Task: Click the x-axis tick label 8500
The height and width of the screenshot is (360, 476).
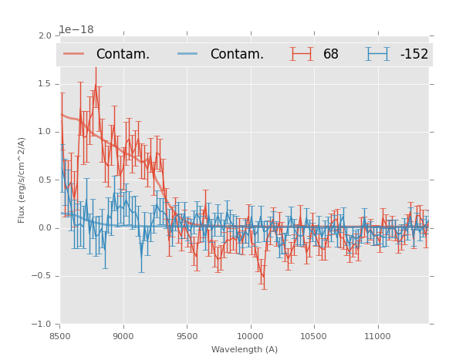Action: tap(60, 335)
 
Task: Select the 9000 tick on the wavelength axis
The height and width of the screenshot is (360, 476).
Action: tap(123, 335)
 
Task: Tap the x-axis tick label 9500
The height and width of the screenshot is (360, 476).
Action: tap(187, 335)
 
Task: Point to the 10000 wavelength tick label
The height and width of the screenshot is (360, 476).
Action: tap(250, 335)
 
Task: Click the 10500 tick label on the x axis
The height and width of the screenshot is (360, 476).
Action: tap(313, 335)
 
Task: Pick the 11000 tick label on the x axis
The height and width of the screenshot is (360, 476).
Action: tap(377, 335)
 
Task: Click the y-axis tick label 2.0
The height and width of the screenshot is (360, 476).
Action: tap(44, 36)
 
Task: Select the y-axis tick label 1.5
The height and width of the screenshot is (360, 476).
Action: tap(44, 84)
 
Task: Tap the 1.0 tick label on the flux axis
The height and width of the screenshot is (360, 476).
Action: tap(44, 132)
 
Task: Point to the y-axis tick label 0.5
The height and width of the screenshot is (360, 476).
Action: tap(44, 180)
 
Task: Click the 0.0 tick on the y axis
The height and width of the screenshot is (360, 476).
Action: tap(44, 228)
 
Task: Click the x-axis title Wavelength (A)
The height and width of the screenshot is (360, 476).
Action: tap(245, 349)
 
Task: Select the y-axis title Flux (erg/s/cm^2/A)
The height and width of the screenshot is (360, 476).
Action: tap(22, 180)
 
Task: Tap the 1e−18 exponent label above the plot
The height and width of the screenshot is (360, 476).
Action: tap(76, 30)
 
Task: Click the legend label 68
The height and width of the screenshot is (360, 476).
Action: tap(331, 55)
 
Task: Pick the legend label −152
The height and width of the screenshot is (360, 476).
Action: tap(414, 55)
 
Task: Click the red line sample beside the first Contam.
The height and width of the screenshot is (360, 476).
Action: tap(74, 54)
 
